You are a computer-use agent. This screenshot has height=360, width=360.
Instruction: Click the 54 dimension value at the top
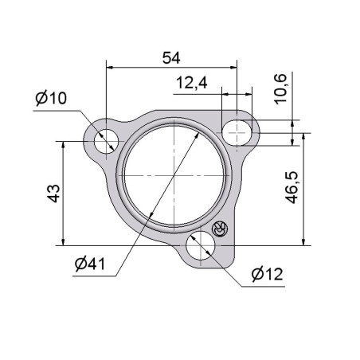(x=171, y=58)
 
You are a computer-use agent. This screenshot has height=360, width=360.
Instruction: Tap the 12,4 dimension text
(x=191, y=83)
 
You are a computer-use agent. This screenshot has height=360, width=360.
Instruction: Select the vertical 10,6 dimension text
(x=280, y=89)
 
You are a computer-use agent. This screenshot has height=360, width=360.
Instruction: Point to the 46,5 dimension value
(x=292, y=187)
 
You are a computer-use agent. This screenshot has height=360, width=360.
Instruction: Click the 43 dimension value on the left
(x=54, y=194)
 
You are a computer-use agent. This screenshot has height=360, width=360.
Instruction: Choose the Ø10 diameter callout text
(x=51, y=98)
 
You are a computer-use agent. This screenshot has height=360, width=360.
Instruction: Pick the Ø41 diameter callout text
(x=90, y=264)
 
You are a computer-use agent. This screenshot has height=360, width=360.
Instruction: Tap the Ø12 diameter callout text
(x=268, y=274)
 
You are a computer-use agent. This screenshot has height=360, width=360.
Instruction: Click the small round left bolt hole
(x=106, y=141)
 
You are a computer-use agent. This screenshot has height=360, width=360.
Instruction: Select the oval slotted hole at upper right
(x=237, y=132)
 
